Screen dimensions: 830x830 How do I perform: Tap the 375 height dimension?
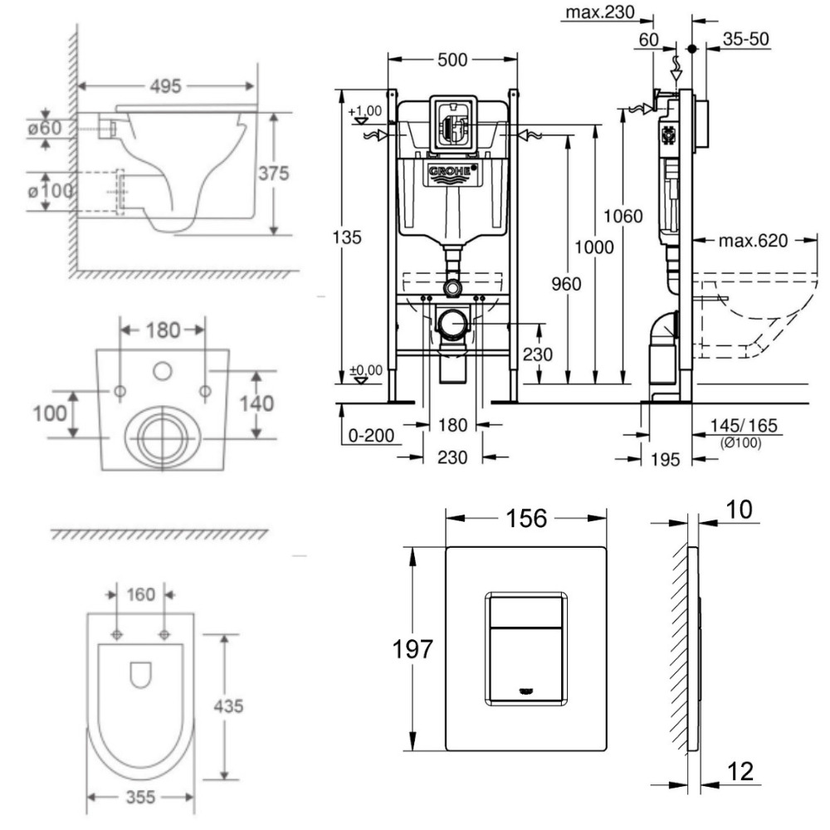(x=274, y=174)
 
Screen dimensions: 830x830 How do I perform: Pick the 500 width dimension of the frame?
(x=453, y=60)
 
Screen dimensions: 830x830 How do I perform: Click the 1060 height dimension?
(x=622, y=217)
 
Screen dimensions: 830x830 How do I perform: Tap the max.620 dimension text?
(x=749, y=241)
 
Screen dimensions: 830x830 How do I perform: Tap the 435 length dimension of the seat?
(x=227, y=706)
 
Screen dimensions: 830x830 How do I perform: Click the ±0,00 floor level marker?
(x=365, y=370)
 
